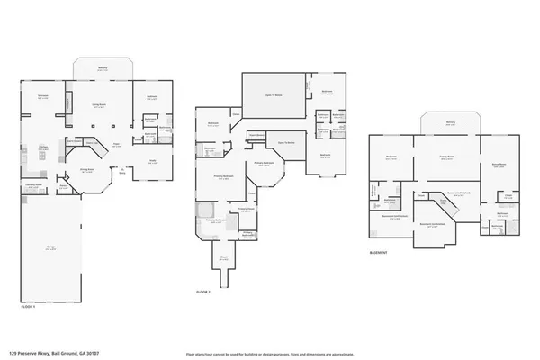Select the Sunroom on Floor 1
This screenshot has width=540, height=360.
[42, 96]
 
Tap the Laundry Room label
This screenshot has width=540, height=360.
[32, 184]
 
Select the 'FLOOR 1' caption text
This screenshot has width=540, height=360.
[30, 309]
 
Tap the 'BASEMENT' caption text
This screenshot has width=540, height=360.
[379, 254]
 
